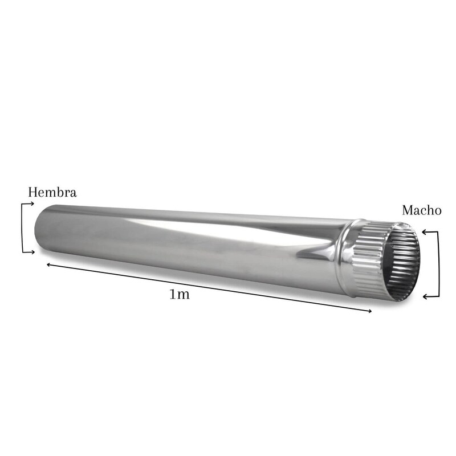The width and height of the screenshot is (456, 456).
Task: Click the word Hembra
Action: pos(52,192)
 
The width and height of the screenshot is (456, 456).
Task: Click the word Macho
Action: pos(422,210)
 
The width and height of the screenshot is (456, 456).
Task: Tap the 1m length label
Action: pos(180,295)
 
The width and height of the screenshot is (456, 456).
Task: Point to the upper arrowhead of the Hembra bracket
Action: pos(31,203)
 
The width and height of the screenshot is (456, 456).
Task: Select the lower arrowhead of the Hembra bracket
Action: pos(32,252)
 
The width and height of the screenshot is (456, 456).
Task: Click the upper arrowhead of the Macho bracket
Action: pos(425,232)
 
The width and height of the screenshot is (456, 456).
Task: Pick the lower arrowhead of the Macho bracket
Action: pos(426,296)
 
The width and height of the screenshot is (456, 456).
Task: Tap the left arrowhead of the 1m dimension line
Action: pos(50,264)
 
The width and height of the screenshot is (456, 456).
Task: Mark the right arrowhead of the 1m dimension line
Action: pos(369,311)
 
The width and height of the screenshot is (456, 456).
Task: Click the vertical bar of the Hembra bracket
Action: pos(22,228)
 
